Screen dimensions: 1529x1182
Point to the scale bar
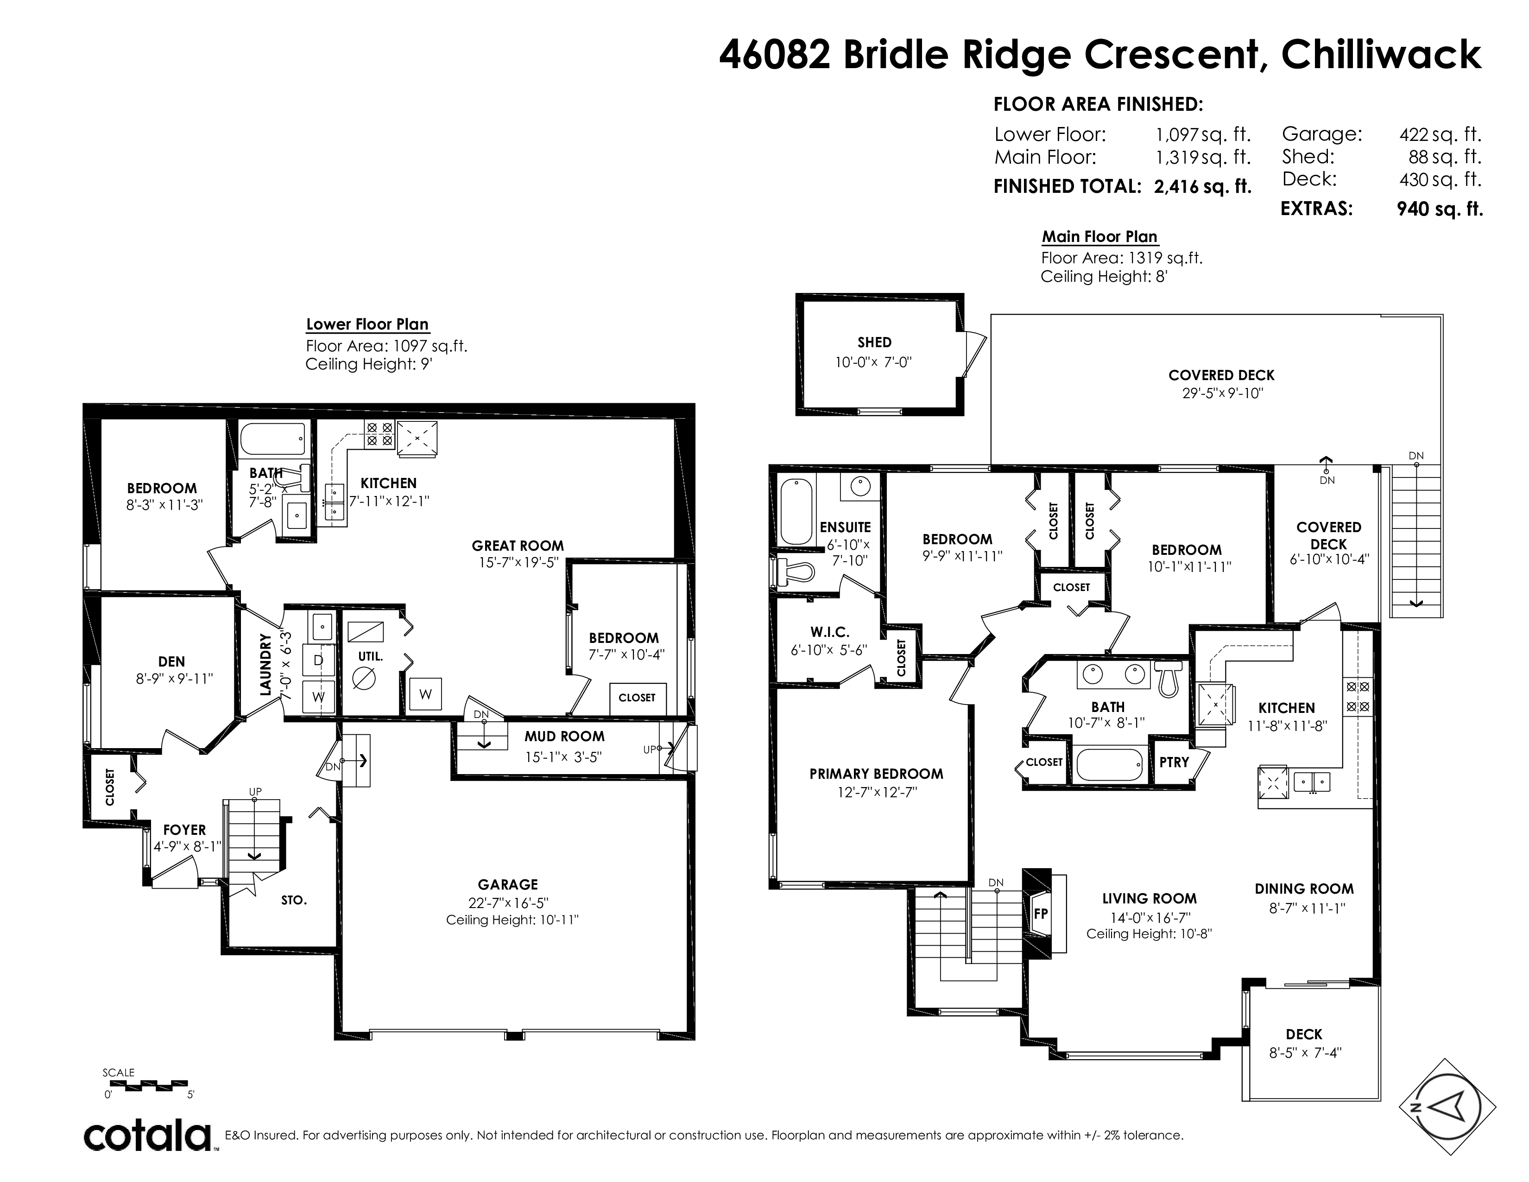click(148, 1086)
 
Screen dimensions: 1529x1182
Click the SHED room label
click(874, 343)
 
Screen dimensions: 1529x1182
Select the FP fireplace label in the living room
click(1040, 913)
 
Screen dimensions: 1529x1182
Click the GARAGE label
click(507, 884)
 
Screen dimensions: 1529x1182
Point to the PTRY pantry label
click(1174, 762)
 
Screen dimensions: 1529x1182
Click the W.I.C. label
click(830, 632)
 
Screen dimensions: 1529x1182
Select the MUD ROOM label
click(564, 736)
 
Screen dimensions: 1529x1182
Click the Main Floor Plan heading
click(1099, 237)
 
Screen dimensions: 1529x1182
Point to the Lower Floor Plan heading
click(367, 324)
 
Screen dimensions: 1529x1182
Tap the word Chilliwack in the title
click(1381, 55)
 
